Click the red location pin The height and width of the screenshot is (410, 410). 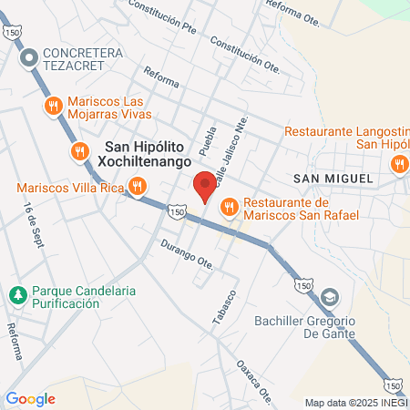[x=205, y=187]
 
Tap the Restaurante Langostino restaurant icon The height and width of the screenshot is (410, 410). [x=398, y=165]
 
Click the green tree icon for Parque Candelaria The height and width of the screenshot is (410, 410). [x=17, y=295]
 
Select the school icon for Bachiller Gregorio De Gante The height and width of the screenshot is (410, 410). [x=330, y=295]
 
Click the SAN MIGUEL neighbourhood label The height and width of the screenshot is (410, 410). [x=333, y=179]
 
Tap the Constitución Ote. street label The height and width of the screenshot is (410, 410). [x=244, y=54]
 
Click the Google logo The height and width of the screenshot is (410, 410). [x=31, y=398]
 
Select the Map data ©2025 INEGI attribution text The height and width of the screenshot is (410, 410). [x=355, y=403]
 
